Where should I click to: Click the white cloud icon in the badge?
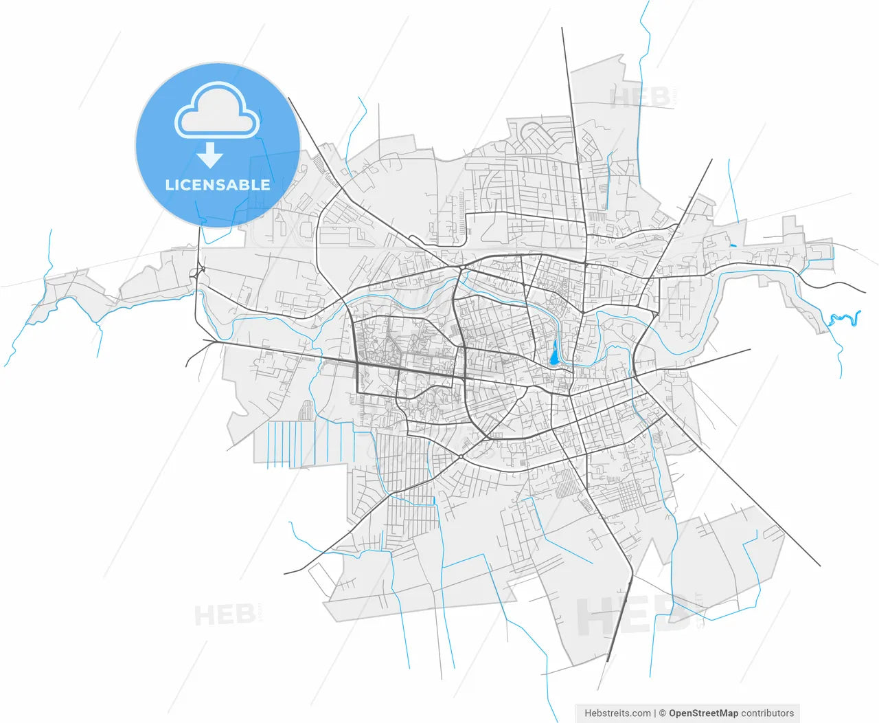tap(217, 111)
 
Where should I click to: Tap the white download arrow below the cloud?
tap(209, 156)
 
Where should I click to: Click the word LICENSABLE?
tap(218, 185)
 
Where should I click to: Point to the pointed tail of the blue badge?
tap(203, 221)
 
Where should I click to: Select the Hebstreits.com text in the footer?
tap(617, 713)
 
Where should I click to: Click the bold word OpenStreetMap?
tap(703, 713)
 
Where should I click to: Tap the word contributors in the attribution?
tap(768, 713)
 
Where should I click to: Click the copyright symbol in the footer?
tap(663, 713)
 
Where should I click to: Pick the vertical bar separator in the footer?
tap(655, 713)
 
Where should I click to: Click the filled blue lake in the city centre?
tap(553, 354)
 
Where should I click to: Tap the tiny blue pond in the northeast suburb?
tap(733, 245)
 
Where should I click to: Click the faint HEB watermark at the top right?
tap(640, 98)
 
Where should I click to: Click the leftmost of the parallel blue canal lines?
tap(267, 444)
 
